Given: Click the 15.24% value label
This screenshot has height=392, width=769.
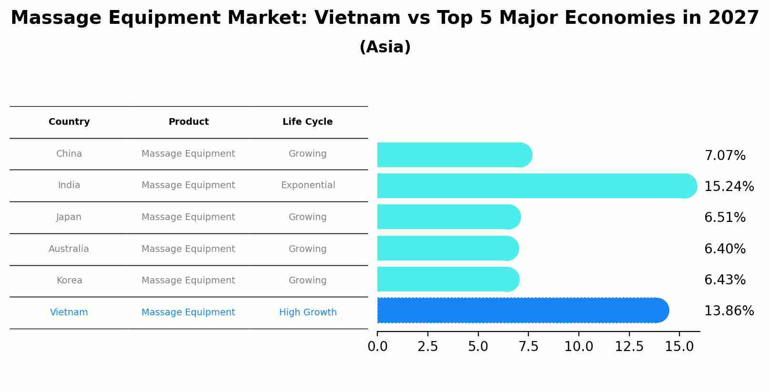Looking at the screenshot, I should pos(729,186).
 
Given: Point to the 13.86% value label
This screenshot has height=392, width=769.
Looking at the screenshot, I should pos(729,311).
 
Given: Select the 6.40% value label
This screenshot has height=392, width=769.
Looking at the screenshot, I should pos(725,249).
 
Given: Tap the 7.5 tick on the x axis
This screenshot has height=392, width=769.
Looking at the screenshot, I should pos(528,347).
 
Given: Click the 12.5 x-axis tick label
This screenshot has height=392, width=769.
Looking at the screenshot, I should pos(629,347).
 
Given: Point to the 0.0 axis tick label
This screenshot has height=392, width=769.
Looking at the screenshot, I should pos(377,347).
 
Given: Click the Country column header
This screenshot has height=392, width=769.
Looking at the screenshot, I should pos(69,122).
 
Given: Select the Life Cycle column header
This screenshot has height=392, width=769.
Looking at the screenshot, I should pos(307,122).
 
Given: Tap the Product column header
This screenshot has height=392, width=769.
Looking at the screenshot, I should pos(189,122).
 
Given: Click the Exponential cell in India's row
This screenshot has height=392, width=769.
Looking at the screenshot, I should pos(308,185).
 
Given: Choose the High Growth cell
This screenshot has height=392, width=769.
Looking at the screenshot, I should pos(308,312).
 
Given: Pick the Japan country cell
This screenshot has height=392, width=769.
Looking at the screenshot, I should pos(69,217).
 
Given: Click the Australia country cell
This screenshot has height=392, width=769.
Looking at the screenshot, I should pos(69,249).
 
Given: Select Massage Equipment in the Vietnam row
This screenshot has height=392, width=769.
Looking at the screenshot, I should pos(188,312).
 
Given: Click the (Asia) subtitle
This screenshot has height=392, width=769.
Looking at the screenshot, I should pos(385,47).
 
